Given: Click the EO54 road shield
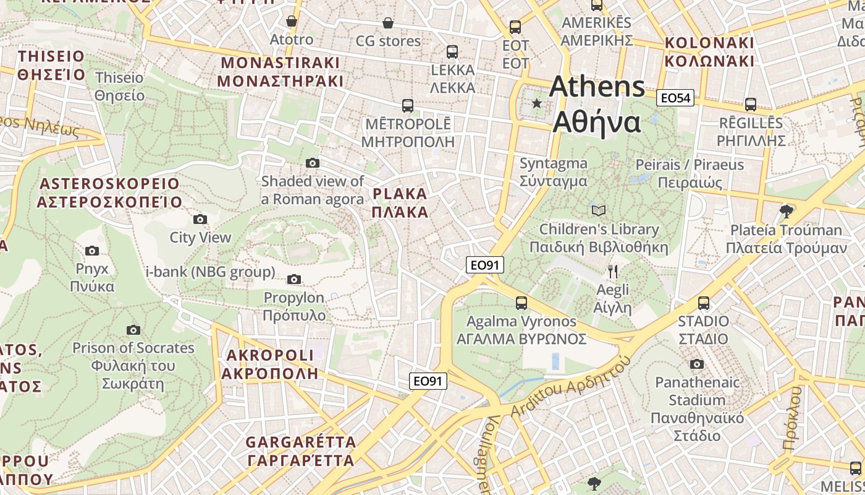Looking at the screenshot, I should (677, 98).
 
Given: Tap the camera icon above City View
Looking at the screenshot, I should (200, 219).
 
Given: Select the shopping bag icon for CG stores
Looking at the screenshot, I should (387, 23).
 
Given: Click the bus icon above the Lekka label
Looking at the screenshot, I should (452, 51).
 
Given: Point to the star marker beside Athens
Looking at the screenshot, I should (537, 103).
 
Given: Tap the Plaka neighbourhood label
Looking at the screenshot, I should (400, 203).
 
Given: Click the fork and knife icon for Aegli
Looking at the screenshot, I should (612, 271).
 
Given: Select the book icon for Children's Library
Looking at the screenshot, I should (598, 210).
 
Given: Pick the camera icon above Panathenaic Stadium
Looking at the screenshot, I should (697, 364).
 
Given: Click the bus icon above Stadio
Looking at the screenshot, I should (703, 303).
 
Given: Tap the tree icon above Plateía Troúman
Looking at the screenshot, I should (786, 212).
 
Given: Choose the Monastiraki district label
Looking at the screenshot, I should (280, 72).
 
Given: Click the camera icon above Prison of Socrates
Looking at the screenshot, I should (133, 330).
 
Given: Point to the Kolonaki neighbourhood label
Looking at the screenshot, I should (709, 52).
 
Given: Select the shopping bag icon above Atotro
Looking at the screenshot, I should (292, 22).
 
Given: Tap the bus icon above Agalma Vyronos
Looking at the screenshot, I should (521, 303).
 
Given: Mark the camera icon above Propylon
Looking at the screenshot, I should (294, 279).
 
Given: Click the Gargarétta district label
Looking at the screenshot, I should (301, 451).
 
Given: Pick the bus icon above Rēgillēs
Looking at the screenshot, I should (751, 104).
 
